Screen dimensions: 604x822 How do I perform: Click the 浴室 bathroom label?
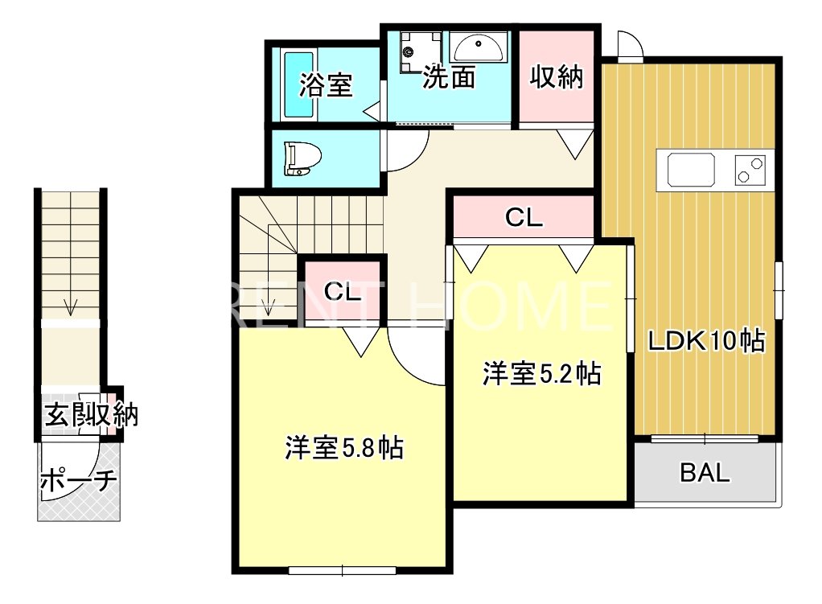click(326, 85)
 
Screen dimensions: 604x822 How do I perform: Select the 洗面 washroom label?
click(448, 76)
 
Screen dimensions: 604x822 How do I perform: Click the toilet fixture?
click(302, 158)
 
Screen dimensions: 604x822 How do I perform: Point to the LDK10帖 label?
click(706, 341)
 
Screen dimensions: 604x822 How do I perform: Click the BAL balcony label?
click(705, 473)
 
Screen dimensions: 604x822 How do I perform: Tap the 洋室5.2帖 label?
click(541, 374)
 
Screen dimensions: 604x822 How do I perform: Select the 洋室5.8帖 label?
click(343, 448)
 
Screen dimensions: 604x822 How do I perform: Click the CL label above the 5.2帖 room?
click(524, 217)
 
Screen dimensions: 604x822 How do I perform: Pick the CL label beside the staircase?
click(343, 292)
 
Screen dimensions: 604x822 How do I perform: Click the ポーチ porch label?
click(78, 480)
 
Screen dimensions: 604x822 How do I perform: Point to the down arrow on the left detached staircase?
click(71, 305)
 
